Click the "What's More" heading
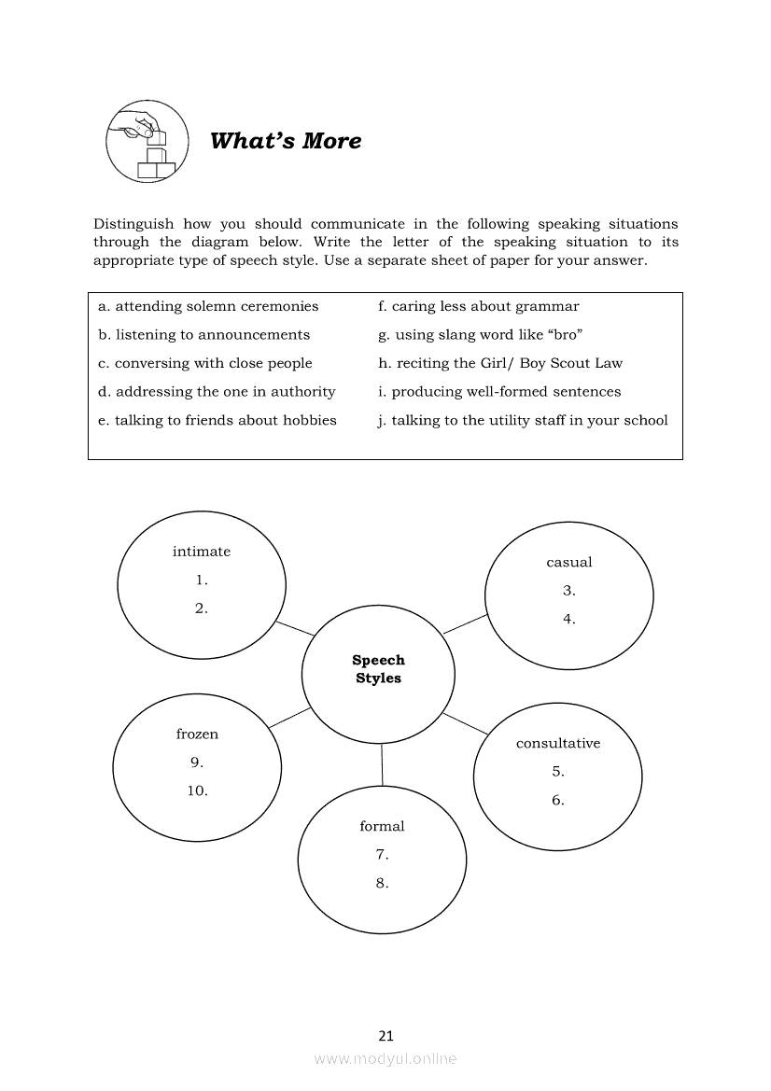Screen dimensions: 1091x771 point(286,141)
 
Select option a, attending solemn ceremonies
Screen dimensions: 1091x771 point(208,306)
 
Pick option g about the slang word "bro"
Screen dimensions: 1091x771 point(480,335)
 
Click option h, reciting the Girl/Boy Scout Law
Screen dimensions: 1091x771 point(499,363)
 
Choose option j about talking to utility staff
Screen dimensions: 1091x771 point(523,420)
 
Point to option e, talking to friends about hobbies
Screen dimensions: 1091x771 point(217,420)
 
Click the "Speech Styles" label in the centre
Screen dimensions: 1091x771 point(378,669)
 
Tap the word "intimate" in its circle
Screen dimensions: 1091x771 point(201,552)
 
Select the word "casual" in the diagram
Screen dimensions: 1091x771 point(569,562)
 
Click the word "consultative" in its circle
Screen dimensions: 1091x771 point(558,743)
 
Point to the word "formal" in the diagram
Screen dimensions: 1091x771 point(382,826)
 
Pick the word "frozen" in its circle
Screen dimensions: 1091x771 point(197,734)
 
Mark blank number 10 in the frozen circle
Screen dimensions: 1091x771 point(197,790)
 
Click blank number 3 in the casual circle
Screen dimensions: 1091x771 point(569,590)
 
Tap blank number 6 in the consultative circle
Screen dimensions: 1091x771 point(558,800)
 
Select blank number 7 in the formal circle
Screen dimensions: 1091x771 point(382,854)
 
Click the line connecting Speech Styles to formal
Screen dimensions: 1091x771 point(382,765)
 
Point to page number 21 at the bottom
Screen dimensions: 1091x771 point(386,1035)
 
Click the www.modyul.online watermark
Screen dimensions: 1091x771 point(385,1058)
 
